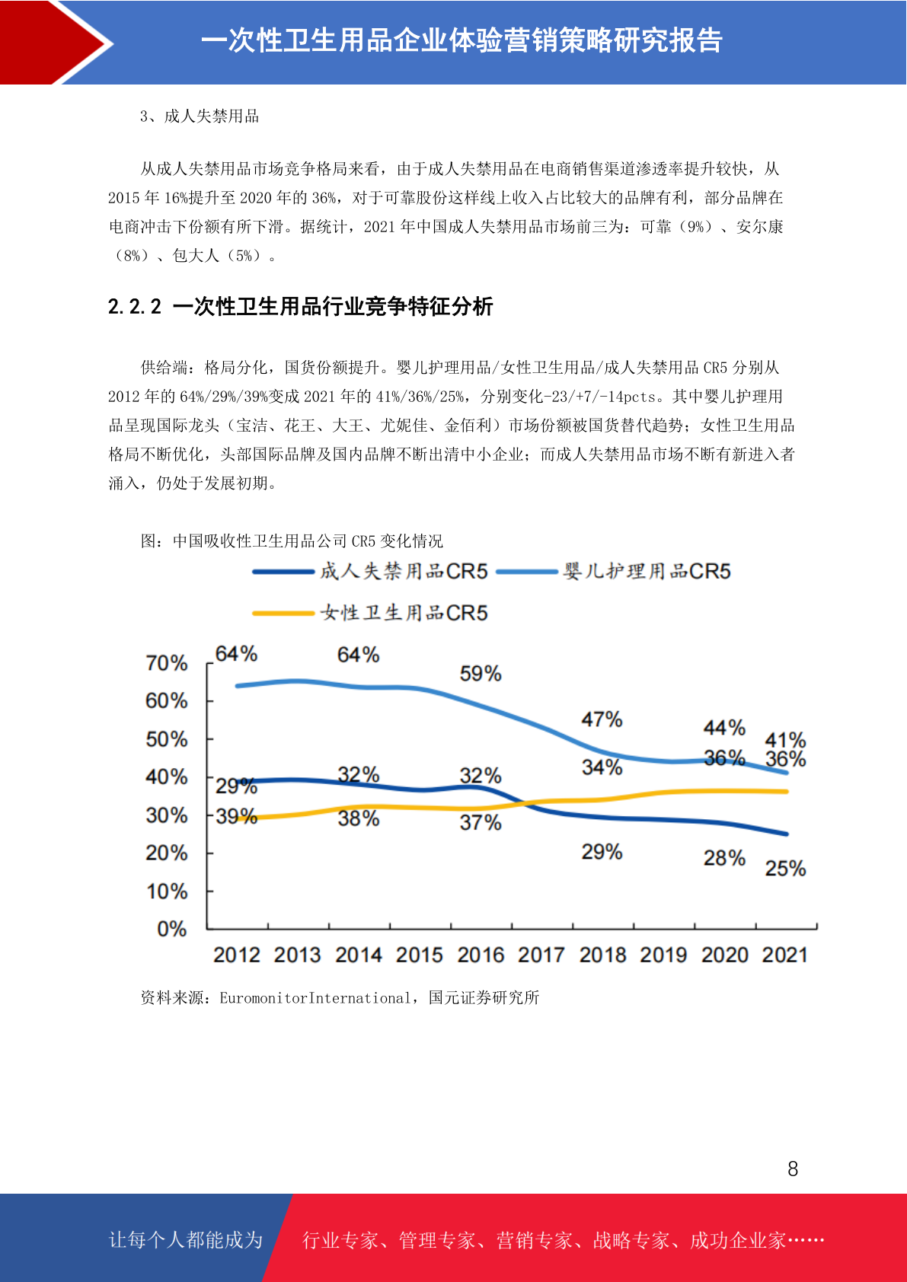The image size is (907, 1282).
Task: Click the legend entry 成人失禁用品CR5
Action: (x=370, y=571)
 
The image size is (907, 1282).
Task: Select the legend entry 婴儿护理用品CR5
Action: (x=613, y=571)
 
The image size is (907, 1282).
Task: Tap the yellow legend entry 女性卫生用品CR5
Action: (x=370, y=613)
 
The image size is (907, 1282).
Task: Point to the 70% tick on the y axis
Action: (x=167, y=663)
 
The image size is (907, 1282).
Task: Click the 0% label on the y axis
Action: (x=172, y=929)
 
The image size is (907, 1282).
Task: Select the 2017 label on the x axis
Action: (x=541, y=955)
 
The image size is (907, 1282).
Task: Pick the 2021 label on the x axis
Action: (x=784, y=955)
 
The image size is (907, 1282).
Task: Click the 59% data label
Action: (x=481, y=674)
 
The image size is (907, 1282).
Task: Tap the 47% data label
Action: (x=602, y=719)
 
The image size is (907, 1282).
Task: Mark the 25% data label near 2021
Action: (x=786, y=869)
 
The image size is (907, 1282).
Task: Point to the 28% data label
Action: (x=724, y=859)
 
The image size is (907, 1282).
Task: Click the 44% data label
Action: (x=724, y=728)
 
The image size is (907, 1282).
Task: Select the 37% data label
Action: (x=481, y=823)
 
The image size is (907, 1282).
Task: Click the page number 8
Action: (x=793, y=1169)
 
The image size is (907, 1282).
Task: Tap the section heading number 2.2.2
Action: (x=135, y=307)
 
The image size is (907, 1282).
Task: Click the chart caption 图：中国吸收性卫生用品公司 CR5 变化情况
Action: (x=292, y=541)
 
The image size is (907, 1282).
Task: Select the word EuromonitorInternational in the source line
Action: (x=315, y=998)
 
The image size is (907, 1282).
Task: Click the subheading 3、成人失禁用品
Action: (x=200, y=116)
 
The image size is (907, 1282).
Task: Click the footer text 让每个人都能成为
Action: (x=186, y=1239)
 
